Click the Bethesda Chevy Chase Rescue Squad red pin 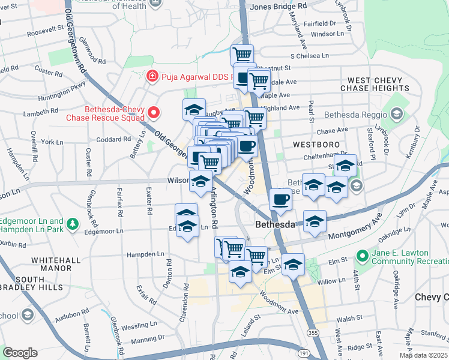pyautogui.click(x=153, y=112)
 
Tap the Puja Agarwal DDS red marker pyautogui.click(x=152, y=77)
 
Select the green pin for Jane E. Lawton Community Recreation pyautogui.click(x=362, y=256)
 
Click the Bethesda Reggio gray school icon pyautogui.click(x=396, y=114)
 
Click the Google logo pyautogui.click(x=20, y=353)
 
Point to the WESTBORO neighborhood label pyautogui.click(x=316, y=145)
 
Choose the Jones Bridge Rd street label pyautogui.click(x=279, y=5)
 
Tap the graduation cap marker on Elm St pyautogui.click(x=293, y=265)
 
